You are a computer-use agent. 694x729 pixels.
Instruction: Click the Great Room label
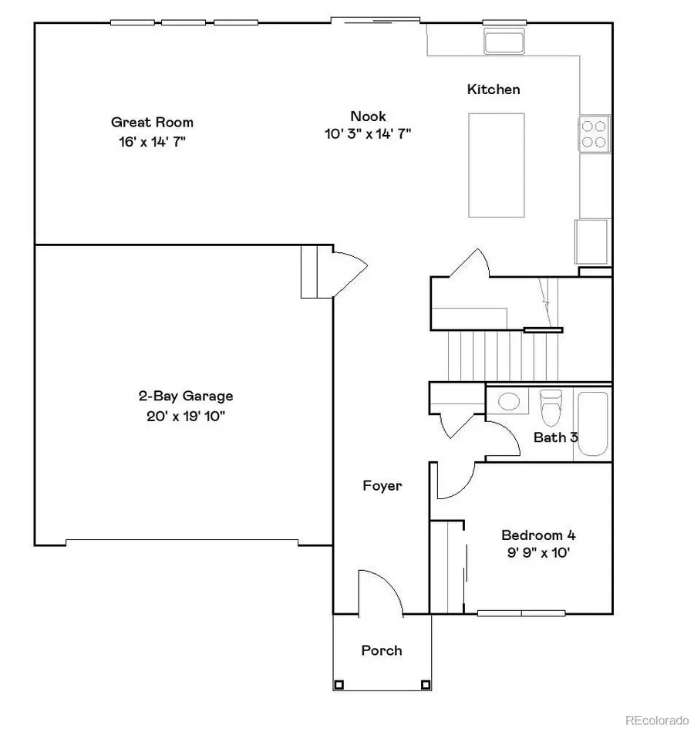(152, 122)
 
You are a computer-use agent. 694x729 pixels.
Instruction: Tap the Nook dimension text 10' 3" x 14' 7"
(368, 133)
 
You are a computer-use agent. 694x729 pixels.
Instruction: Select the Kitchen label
(494, 89)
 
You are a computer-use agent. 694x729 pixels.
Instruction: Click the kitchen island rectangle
(497, 164)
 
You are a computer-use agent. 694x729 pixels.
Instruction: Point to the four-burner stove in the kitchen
(594, 132)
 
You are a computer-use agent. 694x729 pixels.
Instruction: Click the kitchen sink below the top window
(504, 42)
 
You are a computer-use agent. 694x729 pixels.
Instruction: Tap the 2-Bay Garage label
(185, 397)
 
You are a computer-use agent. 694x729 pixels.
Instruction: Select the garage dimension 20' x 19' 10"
(185, 417)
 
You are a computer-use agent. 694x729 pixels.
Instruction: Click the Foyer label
(382, 486)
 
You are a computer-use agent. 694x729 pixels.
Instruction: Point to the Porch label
(382, 650)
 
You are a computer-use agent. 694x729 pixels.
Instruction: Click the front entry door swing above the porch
(379, 594)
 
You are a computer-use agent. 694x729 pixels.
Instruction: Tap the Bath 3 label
(556, 437)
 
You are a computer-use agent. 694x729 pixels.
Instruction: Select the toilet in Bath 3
(551, 407)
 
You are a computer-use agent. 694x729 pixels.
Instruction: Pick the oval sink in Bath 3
(508, 401)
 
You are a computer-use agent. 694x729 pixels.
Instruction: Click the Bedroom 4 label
(538, 535)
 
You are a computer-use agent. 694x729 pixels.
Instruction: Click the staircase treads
(501, 356)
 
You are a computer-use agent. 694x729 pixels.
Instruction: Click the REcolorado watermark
(656, 721)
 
